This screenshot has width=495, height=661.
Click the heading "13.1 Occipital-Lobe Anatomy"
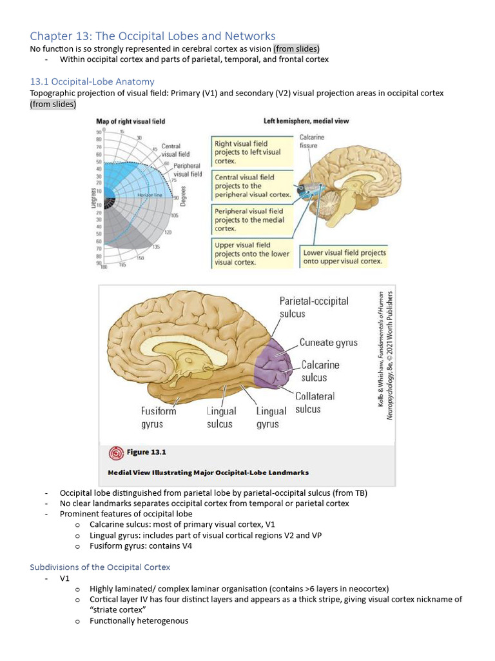pos(92,81)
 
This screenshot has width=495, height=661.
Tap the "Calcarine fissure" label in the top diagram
pos(312,141)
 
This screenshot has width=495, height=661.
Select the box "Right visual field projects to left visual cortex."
pos(252,152)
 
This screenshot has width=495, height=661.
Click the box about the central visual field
pos(252,186)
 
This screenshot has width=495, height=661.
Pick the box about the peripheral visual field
pos(252,219)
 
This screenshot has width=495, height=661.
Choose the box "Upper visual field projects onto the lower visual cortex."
pos(252,254)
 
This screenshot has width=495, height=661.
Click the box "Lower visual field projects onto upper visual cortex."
pos(344,257)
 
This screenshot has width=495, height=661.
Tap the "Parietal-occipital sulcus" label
pos(314,307)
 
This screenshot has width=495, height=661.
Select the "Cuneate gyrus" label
pos(329,343)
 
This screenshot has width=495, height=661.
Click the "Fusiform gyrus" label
pos(159,418)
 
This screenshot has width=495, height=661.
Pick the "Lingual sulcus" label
pos(222,418)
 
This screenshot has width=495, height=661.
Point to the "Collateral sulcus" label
pos(315,403)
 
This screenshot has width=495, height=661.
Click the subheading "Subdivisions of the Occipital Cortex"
pos(100,567)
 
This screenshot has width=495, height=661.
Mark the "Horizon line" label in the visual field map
pos(148,194)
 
